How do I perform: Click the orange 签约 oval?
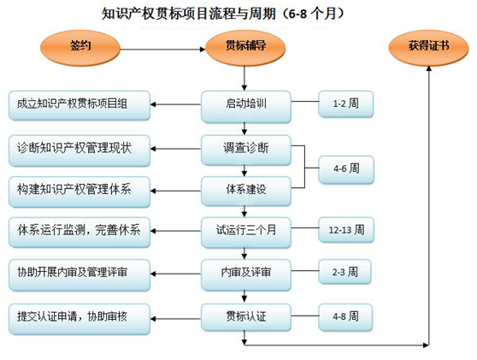click(80, 48)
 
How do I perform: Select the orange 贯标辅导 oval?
click(245, 48)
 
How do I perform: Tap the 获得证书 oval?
click(428, 48)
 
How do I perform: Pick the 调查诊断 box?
click(246, 150)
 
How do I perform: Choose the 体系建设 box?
click(246, 191)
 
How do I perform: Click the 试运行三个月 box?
click(246, 232)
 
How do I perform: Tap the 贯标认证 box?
click(246, 317)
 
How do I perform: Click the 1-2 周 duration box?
click(345, 103)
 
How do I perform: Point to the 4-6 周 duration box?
click(346, 169)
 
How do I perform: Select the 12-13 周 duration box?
click(346, 230)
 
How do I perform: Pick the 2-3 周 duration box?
click(344, 271)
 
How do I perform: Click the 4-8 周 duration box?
click(345, 317)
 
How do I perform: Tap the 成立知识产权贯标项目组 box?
click(79, 105)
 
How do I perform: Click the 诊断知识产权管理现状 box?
click(79, 150)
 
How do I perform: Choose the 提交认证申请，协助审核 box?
click(79, 319)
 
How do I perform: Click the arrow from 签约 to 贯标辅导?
click(162, 50)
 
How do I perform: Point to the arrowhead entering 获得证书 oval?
click(429, 68)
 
